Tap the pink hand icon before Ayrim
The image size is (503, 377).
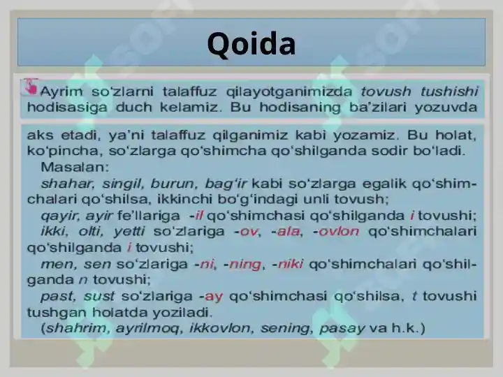pos(30,87)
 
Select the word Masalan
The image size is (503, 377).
pos(75,167)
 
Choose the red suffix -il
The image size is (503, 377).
pos(196,216)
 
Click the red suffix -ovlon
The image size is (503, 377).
pos(336,232)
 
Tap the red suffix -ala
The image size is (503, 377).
pos(286,232)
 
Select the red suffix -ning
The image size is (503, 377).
pos(242,265)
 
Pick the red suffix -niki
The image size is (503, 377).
pos(288,264)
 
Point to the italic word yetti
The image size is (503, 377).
pos(129,231)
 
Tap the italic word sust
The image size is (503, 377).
pos(99,296)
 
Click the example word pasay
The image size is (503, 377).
pos(342,329)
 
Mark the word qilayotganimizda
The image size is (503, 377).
pos(289,92)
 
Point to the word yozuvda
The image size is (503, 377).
pos(446,108)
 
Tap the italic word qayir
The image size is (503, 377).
pos(59,216)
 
